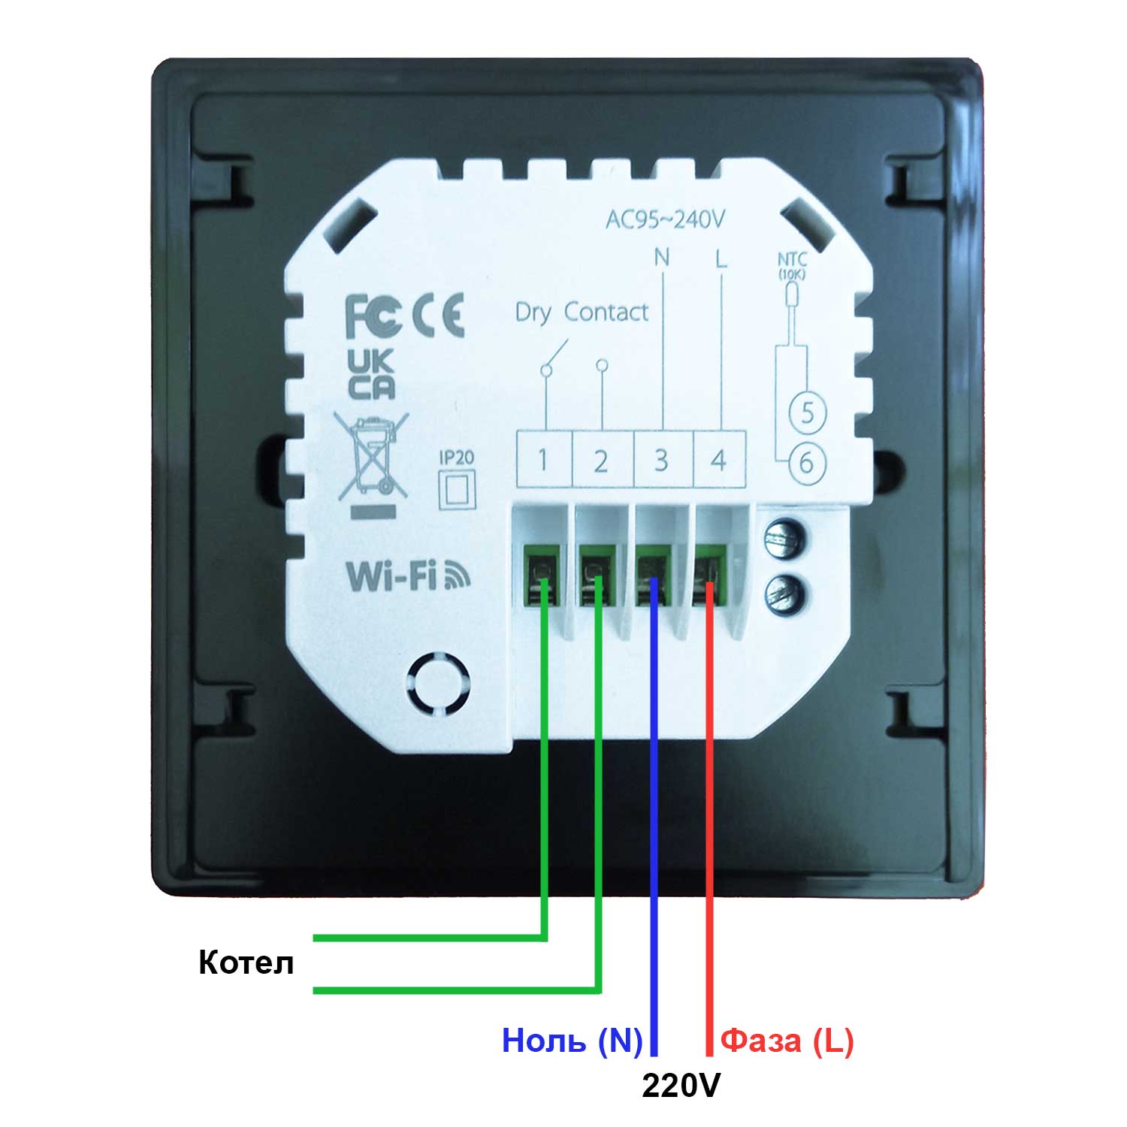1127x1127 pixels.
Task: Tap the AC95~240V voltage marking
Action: point(665,219)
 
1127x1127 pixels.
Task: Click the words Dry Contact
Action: point(581,313)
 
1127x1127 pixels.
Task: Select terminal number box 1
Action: point(543,459)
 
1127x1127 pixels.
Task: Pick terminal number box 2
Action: point(601,459)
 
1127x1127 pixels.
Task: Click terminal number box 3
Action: point(660,459)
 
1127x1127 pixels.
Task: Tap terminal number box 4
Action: point(719,459)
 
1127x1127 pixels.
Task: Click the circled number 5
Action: point(808,412)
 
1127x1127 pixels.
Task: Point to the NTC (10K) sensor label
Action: point(791,266)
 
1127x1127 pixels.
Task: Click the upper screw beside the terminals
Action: point(783,539)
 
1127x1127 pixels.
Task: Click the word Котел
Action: point(246,962)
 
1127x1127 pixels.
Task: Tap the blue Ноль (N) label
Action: point(572,1041)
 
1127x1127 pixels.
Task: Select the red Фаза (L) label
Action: point(787,1041)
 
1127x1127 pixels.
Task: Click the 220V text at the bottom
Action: point(680,1085)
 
